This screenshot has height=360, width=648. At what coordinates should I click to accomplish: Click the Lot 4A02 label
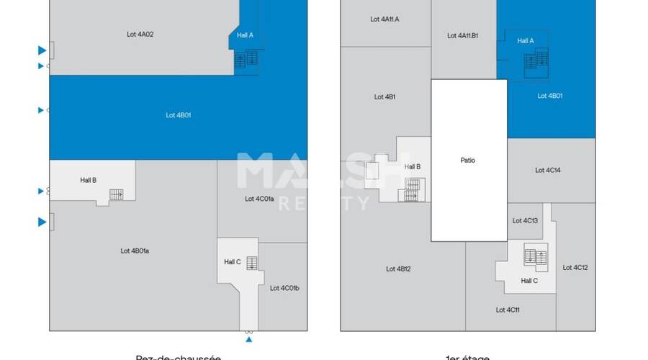pyautogui.click(x=141, y=33)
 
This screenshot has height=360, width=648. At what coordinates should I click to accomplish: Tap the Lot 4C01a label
pyautogui.click(x=259, y=199)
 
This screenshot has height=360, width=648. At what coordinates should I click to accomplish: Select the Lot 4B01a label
pyautogui.click(x=135, y=251)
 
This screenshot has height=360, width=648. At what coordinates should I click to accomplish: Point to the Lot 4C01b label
pyautogui.click(x=284, y=288)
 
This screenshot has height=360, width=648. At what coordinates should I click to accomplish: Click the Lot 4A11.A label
pyautogui.click(x=384, y=19)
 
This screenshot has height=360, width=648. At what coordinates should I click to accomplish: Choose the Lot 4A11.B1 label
pyautogui.click(x=463, y=35)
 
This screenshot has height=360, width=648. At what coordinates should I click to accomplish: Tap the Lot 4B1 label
pyautogui.click(x=384, y=96)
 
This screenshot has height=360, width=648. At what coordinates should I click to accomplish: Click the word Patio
pyautogui.click(x=468, y=161)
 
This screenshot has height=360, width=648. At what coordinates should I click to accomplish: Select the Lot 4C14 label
pyautogui.click(x=548, y=171)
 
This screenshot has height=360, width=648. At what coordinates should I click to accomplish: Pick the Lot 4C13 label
pyautogui.click(x=525, y=220)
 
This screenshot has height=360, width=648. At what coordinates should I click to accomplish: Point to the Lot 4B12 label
pyautogui.click(x=398, y=269)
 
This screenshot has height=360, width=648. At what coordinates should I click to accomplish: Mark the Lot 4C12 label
pyautogui.click(x=575, y=267)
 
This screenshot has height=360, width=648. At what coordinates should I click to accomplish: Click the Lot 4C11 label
pyautogui.click(x=508, y=310)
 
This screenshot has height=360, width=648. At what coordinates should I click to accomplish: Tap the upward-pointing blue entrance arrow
pyautogui.click(x=248, y=339)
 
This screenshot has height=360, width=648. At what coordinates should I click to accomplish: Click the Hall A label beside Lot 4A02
pyautogui.click(x=246, y=35)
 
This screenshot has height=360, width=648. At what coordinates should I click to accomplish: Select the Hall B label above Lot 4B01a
pyautogui.click(x=88, y=180)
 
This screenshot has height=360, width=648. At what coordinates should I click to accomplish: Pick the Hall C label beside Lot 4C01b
pyautogui.click(x=233, y=261)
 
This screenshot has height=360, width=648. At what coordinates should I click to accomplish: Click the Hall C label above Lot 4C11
pyautogui.click(x=528, y=280)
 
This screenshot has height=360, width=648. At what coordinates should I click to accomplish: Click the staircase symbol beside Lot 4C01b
pyautogui.click(x=251, y=263)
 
